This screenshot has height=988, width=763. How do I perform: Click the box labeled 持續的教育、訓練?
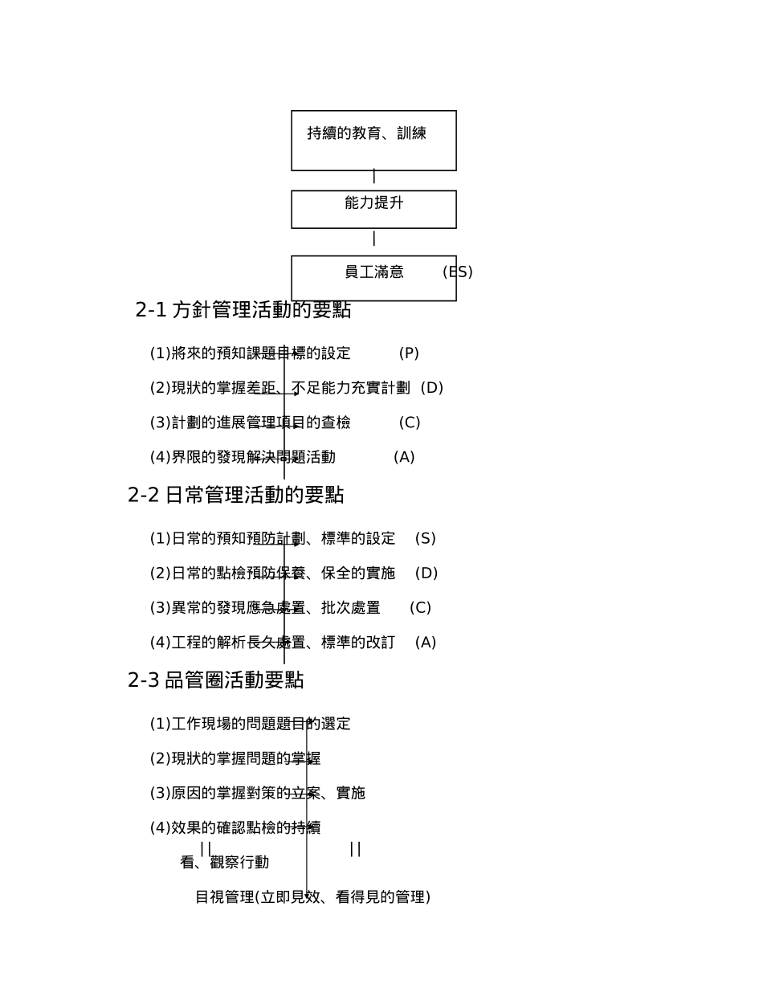[373, 140]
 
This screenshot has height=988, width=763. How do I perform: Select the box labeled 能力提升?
[373, 209]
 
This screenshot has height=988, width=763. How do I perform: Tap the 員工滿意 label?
[373, 272]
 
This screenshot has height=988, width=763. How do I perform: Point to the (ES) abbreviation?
[457, 272]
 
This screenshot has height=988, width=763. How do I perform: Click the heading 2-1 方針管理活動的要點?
[243, 310]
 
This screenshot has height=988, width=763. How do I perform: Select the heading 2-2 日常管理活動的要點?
[235, 496]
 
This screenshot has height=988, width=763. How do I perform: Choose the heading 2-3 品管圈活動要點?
[215, 680]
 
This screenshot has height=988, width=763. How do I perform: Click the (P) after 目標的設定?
[409, 353]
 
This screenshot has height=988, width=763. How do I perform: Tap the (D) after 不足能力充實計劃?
[432, 388]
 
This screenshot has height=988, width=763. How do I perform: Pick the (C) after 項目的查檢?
[410, 423]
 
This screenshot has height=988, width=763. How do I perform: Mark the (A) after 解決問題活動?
[404, 457]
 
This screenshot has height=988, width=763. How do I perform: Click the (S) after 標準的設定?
[425, 538]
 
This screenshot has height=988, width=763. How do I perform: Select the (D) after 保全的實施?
[426, 574]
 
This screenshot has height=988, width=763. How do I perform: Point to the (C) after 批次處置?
[420, 608]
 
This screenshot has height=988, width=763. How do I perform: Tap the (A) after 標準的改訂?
[426, 643]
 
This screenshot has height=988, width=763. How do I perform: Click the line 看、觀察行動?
[224, 863]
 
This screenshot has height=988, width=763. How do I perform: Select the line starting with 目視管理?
[312, 897]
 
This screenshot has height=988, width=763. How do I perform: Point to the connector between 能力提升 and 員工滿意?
[373, 239]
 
